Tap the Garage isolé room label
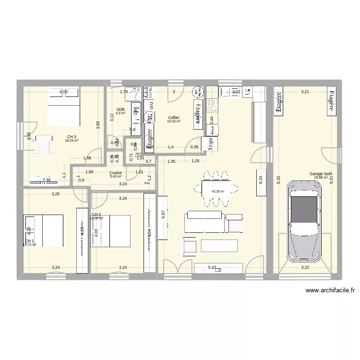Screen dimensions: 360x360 coord(321,174)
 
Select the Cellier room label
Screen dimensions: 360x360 coord(174,118)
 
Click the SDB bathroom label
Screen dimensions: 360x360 coord(120,109)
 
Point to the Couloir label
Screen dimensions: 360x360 coord(116,173)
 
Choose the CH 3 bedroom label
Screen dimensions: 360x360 coord(72,137)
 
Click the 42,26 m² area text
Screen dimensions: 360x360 coord(218,191)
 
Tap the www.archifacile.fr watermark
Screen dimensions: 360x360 coord(330,290)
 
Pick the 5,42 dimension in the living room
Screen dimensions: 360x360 coord(212,267)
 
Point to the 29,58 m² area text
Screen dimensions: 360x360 coord(321,177)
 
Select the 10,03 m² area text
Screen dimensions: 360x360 coord(174,121)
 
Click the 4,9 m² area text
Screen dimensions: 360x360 coord(120,113)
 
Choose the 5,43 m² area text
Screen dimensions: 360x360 coord(116,177)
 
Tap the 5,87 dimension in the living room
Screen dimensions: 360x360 coord(163,215)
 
